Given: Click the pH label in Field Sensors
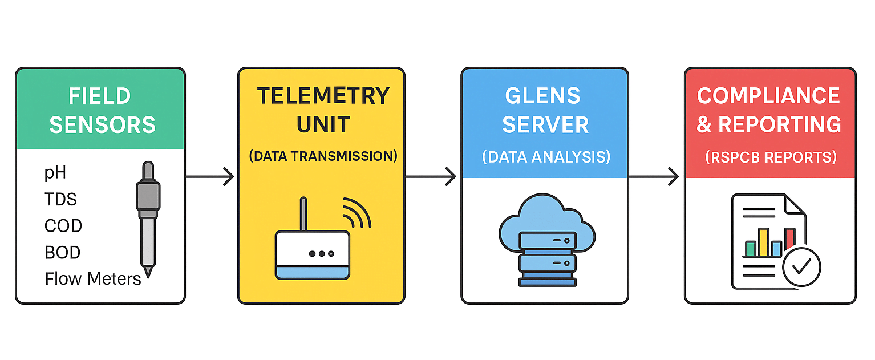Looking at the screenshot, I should click(55, 173).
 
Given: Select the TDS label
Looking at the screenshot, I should click(60, 199).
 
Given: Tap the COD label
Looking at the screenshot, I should click(63, 226).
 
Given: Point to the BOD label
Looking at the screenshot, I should click(63, 252).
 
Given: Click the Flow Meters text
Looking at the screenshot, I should click(93, 279).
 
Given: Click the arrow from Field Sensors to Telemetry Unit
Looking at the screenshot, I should click(210, 177).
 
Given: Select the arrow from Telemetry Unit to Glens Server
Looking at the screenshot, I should click(431, 177).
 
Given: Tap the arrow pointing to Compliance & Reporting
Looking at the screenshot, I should click(654, 177).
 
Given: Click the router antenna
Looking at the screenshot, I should click(303, 214).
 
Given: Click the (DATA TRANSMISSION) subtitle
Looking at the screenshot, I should click(323, 156).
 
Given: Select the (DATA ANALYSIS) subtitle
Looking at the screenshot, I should click(546, 157).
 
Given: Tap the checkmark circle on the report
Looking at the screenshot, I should click(801, 267).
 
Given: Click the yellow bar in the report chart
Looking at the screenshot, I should click(763, 242).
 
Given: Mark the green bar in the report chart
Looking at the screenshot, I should click(751, 248).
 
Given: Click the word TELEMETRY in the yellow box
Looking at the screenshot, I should click(323, 96).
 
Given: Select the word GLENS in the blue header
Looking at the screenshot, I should click(542, 96).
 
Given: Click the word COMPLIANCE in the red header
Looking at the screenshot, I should click(768, 96).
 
